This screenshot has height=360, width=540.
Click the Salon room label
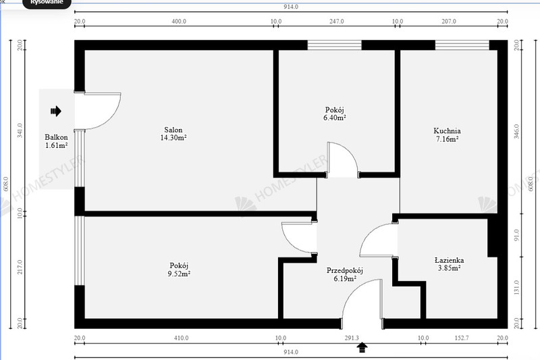pyautogui.click(x=173, y=130)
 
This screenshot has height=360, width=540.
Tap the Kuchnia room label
pyautogui.click(x=447, y=131)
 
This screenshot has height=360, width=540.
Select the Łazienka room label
pyautogui.click(x=449, y=260)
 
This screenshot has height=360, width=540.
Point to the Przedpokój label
pyautogui.click(x=345, y=271)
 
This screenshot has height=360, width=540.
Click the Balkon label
pyautogui.click(x=56, y=137)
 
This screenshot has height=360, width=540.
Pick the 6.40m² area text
pyautogui.click(x=334, y=118)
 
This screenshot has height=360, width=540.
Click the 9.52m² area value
pyautogui.click(x=179, y=274)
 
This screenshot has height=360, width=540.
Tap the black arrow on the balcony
pyautogui.click(x=56, y=111)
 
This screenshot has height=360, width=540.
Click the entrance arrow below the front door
pyautogui.click(x=362, y=348)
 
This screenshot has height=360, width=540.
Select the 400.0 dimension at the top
pyautogui.click(x=179, y=22)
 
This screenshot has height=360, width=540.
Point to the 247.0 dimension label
pyautogui.click(x=336, y=22)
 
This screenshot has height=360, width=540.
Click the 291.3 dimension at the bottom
pyautogui.click(x=352, y=338)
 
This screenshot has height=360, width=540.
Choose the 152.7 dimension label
pyautogui.click(x=462, y=338)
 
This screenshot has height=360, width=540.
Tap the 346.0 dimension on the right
pyautogui.click(x=516, y=131)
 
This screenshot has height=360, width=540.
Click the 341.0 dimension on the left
pyautogui.click(x=20, y=130)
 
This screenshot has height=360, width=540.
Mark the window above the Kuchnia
pyautogui.click(x=462, y=45)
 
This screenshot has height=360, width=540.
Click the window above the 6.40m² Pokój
pyautogui.click(x=334, y=45)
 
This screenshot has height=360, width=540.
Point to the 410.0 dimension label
pyautogui.click(x=181, y=338)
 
